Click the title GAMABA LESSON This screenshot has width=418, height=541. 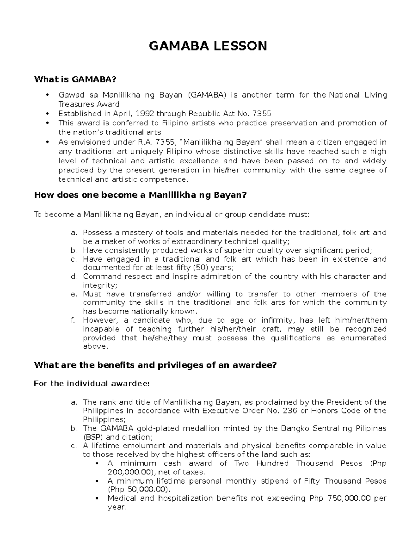[208, 46]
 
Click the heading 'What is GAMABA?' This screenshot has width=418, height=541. [75, 79]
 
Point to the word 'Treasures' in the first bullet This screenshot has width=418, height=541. [76, 104]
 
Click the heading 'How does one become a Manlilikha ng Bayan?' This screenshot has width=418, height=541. [140, 195]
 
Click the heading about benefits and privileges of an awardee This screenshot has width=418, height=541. [155, 365]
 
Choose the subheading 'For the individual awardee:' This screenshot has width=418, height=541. [92, 384]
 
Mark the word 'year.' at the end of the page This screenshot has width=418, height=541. [116, 507]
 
